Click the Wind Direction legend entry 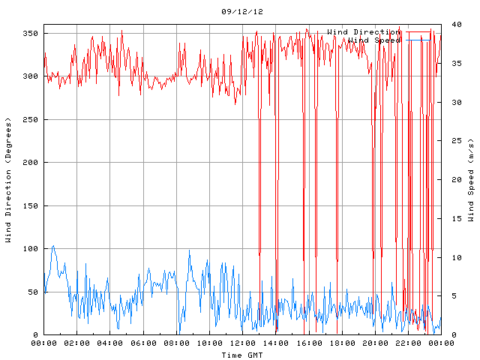[364, 31]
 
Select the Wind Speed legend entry [374, 40]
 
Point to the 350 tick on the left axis [31, 34]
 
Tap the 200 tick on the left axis [31, 163]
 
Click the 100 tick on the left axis [31, 249]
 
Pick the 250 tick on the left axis [31, 120]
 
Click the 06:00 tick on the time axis [143, 343]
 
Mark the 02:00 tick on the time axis [77, 343]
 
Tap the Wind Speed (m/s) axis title [471, 180]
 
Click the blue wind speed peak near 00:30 [52, 246]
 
